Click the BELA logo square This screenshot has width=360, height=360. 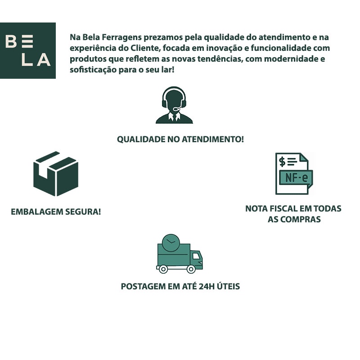(28, 50)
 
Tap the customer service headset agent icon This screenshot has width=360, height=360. (174, 106)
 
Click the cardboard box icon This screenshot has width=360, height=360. (56, 174)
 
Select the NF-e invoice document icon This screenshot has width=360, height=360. (294, 174)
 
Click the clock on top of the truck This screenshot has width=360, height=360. (170, 243)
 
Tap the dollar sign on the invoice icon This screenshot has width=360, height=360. (282, 161)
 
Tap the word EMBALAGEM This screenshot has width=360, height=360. (36, 211)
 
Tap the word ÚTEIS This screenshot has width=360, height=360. (229, 286)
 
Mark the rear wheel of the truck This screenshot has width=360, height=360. (163, 269)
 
